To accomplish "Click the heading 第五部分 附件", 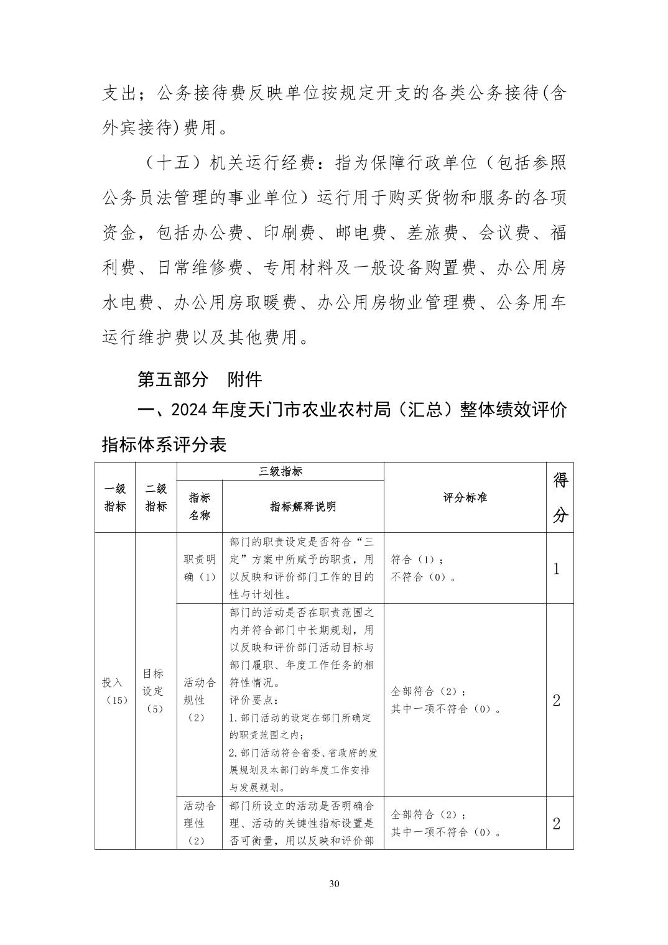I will click(x=199, y=379).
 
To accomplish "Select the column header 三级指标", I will click(x=280, y=471).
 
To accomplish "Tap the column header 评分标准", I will click(x=465, y=497).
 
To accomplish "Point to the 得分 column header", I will click(x=560, y=497).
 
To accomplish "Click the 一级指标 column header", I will click(x=115, y=497).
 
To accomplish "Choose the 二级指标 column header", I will click(x=156, y=497).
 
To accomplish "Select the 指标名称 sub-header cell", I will click(x=200, y=506).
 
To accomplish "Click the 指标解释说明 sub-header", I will click(x=303, y=506).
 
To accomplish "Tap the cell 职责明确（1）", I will click(x=200, y=568).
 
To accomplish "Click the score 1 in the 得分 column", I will click(x=557, y=568).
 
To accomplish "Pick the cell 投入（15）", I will click(x=115, y=691).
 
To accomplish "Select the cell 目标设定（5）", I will click(x=154, y=691).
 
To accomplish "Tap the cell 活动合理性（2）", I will click(x=200, y=823).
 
